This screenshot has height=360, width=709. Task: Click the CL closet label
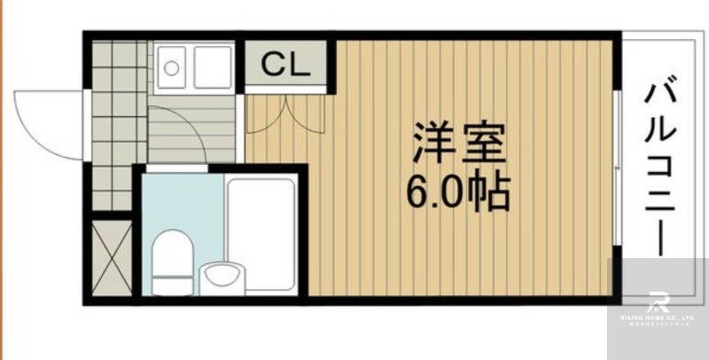click(284, 64)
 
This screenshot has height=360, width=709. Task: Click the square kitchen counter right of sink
click(213, 67)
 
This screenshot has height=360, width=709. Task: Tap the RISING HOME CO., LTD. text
click(658, 319)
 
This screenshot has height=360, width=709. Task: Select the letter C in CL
click(273, 64)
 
